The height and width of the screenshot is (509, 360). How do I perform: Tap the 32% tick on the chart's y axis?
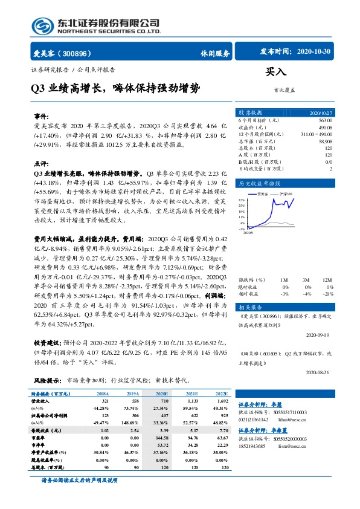242,199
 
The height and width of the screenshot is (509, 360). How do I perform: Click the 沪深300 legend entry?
284,194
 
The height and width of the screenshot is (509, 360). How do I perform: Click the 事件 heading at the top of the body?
40,114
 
